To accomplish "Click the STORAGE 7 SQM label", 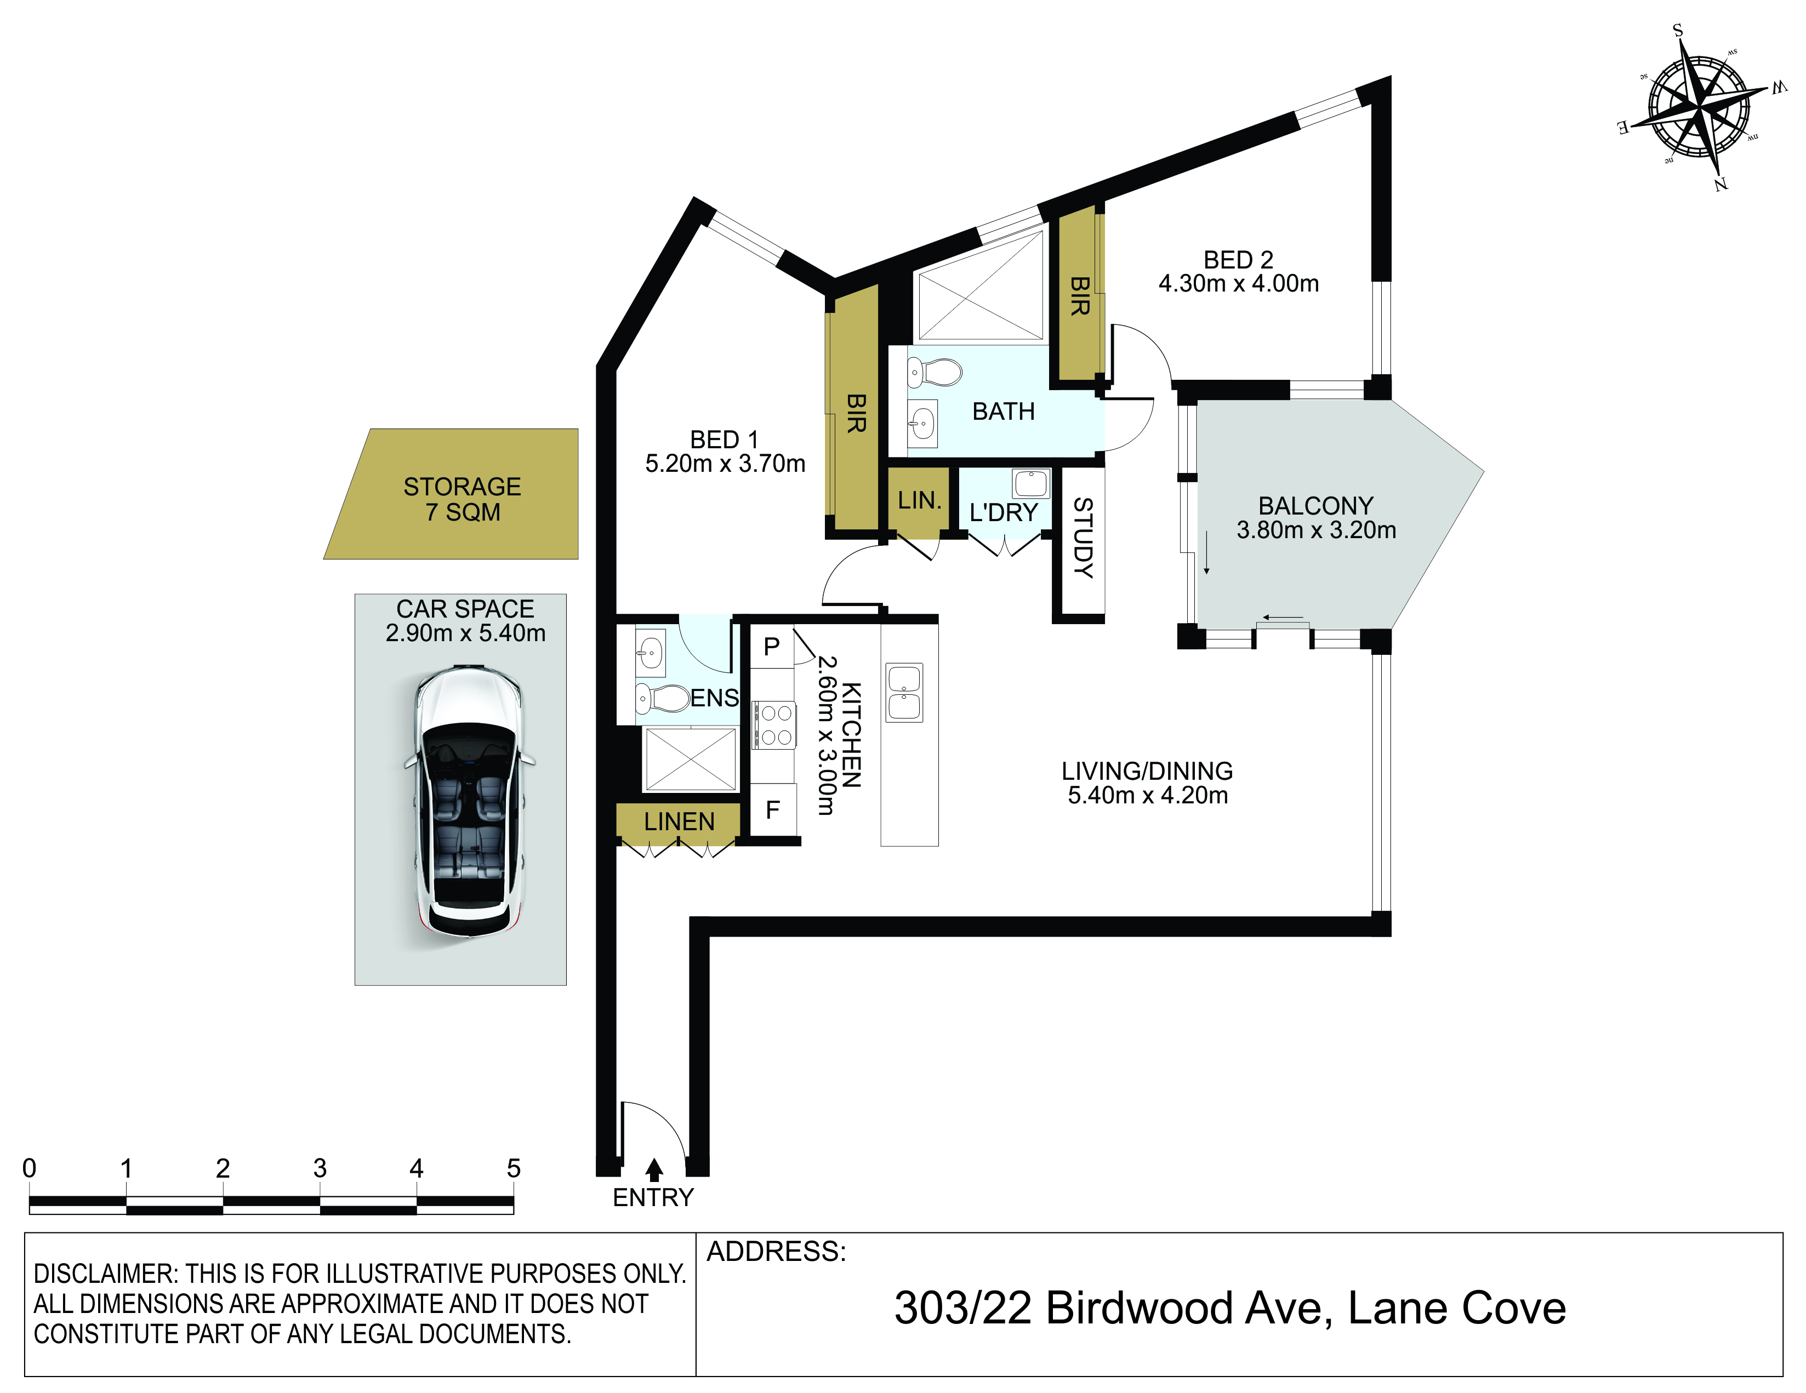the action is click(x=462, y=499).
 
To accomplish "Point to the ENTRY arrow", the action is click(x=654, y=1169).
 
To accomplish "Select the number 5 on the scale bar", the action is click(x=514, y=1168).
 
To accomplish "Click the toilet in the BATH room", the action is click(x=935, y=373).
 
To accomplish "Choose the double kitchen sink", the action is click(x=905, y=692).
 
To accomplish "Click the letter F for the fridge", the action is click(x=772, y=810).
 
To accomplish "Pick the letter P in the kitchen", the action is click(x=772, y=647).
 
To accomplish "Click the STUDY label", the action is click(x=1083, y=538).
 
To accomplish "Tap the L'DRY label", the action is click(x=1003, y=512).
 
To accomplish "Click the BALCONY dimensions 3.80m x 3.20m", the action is click(x=1317, y=530).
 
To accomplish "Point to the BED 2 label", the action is click(x=1238, y=260).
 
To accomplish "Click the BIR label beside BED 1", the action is click(x=856, y=413).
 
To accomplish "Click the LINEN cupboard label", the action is click(x=679, y=822).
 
